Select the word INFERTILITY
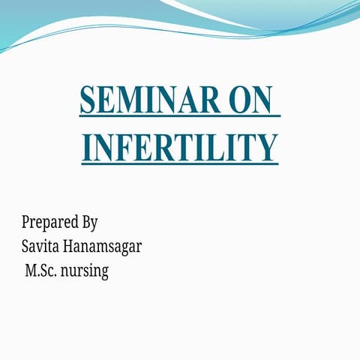coord(180,146)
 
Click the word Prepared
coord(48,223)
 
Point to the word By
coord(89,223)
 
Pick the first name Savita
coord(41,246)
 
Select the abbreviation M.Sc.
coord(44,270)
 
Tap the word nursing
coord(88,270)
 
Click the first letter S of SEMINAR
coord(88,100)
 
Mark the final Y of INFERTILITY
coord(266,146)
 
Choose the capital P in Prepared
coord(26,222)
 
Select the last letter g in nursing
coord(104,272)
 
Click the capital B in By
coord(85,222)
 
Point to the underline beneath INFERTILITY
coord(180,164)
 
